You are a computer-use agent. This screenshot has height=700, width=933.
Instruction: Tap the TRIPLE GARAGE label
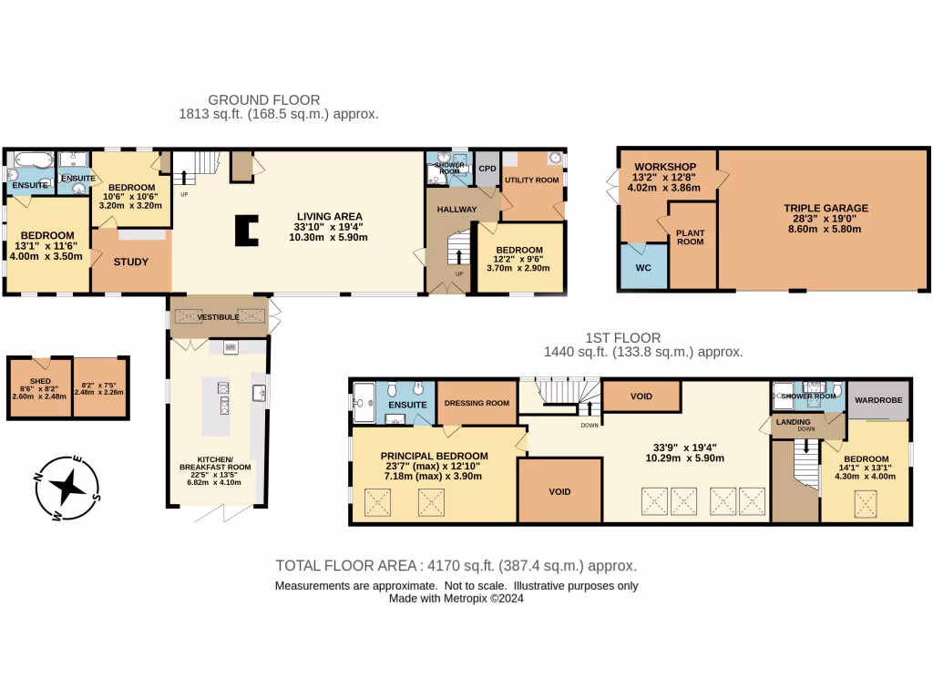tap(825, 208)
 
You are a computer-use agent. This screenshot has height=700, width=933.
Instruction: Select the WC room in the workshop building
tap(643, 267)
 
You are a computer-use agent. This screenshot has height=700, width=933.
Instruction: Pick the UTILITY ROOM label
tap(532, 180)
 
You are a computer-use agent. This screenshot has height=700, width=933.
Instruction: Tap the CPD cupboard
tap(487, 169)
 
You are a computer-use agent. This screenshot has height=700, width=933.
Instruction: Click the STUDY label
tap(131, 262)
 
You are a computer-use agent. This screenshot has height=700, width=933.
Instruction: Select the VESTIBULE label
tap(219, 316)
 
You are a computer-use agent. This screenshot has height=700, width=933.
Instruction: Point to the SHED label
tap(39, 381)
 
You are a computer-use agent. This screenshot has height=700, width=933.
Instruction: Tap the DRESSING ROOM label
tap(477, 405)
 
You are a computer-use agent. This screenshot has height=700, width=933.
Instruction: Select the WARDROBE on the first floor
tap(878, 397)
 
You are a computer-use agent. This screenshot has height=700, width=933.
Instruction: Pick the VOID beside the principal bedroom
tap(559, 491)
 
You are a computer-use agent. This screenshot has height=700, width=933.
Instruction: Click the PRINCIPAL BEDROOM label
tap(434, 456)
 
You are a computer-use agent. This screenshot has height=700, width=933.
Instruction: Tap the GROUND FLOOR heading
tap(264, 99)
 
